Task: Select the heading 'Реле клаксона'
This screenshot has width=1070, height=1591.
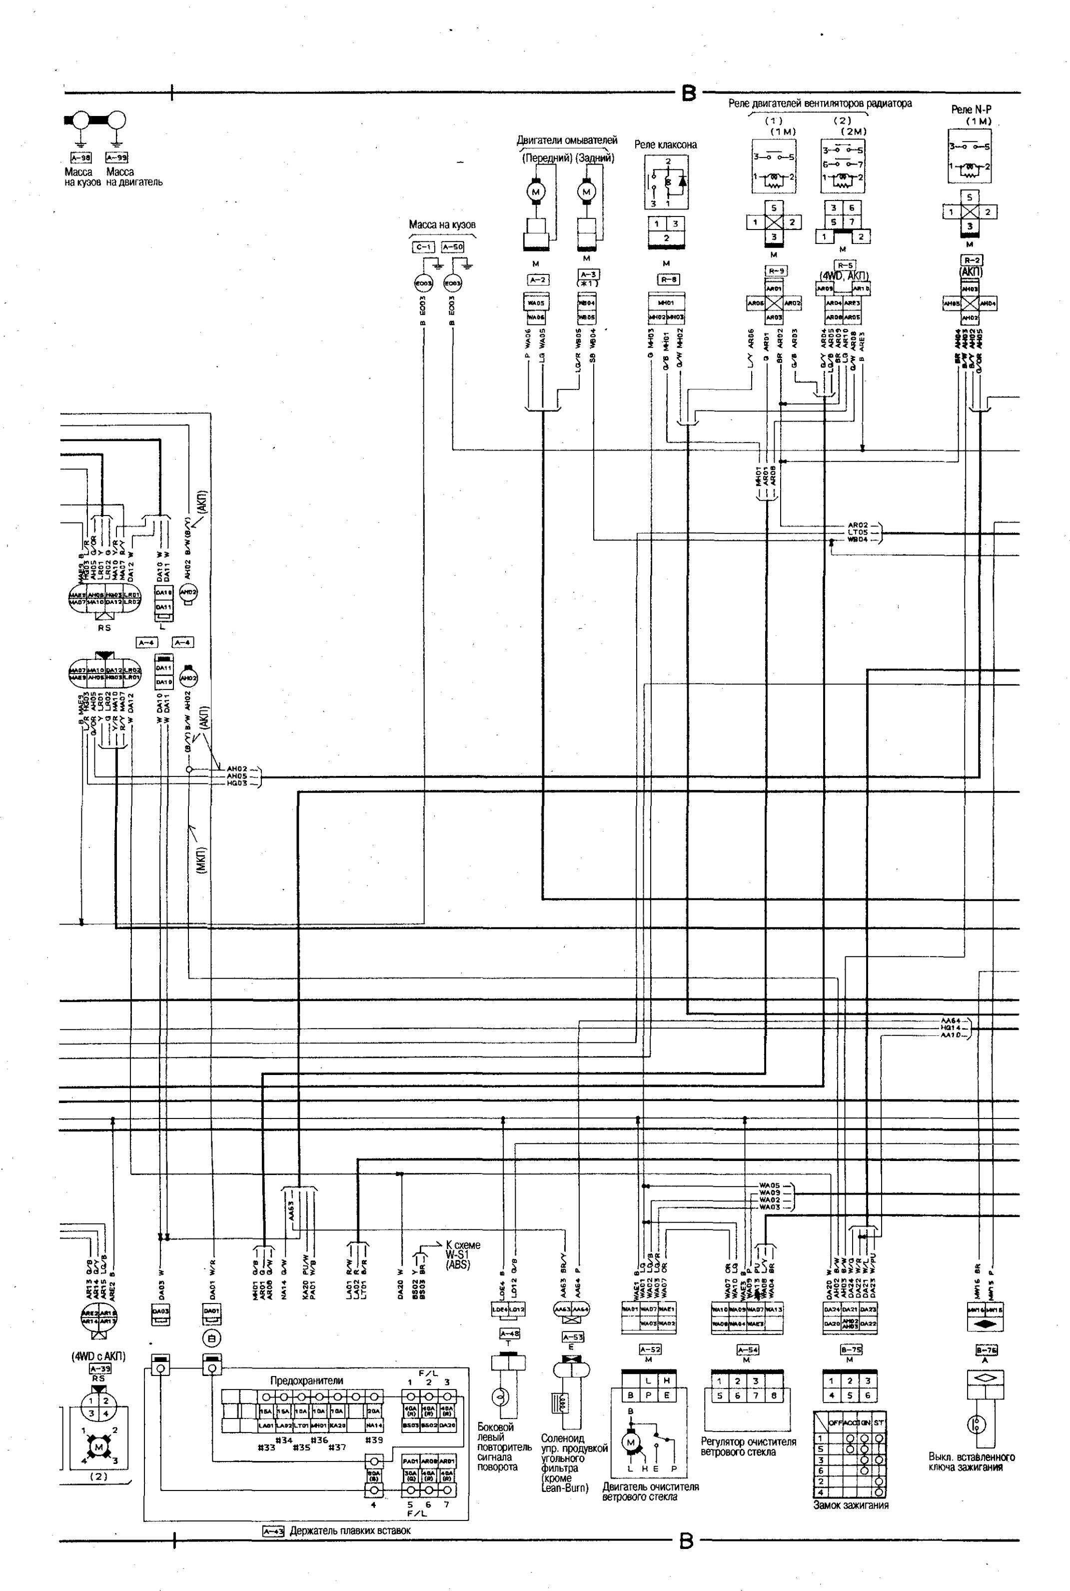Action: pyautogui.click(x=665, y=144)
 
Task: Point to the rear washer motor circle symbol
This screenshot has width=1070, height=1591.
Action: pyautogui.click(x=586, y=192)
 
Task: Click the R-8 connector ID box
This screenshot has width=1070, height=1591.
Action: pyautogui.click(x=666, y=279)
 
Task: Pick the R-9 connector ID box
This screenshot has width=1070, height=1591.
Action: pyautogui.click(x=774, y=271)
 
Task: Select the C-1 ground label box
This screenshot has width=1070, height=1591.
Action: pyautogui.click(x=423, y=247)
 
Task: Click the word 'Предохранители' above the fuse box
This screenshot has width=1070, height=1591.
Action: pyautogui.click(x=306, y=1380)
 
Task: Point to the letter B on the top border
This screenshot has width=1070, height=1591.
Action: pyautogui.click(x=689, y=93)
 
